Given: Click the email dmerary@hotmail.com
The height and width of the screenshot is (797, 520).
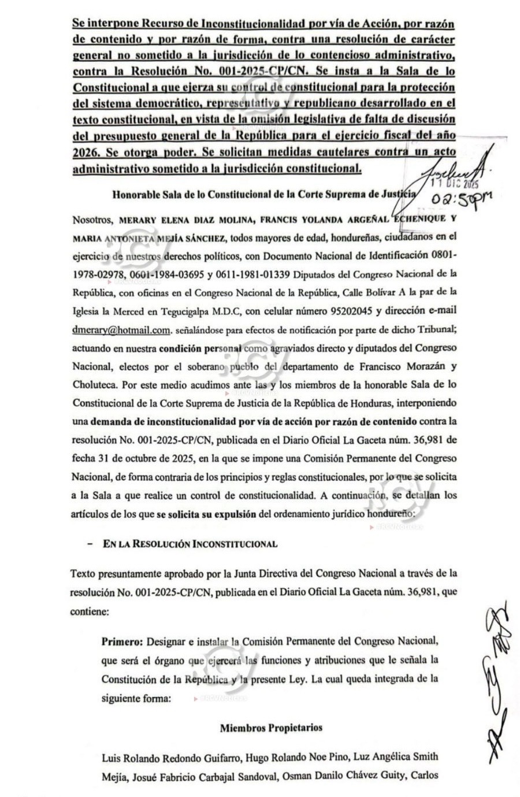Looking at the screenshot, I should point(121,330).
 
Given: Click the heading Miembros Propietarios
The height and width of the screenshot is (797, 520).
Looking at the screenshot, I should point(270,728).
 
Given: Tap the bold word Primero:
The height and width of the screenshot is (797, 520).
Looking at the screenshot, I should point(122,641).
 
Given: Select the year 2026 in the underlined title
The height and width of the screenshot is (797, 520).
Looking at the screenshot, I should point(85,152).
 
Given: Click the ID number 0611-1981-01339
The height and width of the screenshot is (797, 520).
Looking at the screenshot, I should point(257,274).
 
